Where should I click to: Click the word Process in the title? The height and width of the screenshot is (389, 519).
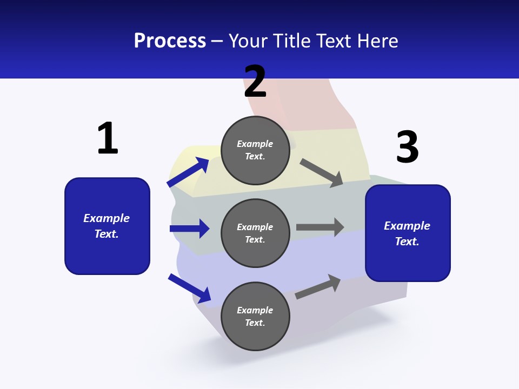coord(170,41)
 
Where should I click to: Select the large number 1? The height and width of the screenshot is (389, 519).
coord(107,139)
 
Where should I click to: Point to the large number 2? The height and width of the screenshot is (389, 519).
coord(255,82)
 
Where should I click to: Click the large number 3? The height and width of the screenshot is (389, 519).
coord(408,147)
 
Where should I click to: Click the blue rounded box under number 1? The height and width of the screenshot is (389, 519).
coord(107,226)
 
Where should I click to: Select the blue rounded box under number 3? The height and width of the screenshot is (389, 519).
coord(408,233)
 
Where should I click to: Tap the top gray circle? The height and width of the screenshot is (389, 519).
coord(255,150)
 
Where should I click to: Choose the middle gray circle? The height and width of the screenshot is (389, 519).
coord(255,233)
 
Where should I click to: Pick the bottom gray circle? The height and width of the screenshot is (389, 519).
coord(255,316)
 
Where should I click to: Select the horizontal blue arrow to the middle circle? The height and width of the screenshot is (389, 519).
coord(189,229)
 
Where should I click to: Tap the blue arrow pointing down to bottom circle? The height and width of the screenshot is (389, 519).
coord(189,288)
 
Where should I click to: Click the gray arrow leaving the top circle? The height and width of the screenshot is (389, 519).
coord(322,173)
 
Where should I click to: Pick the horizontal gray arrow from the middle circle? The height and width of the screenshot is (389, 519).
coord(320,227)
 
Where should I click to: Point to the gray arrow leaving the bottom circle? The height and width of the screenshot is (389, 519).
coord(318,287)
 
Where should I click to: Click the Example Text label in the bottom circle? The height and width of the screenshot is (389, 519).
coord(255,316)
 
